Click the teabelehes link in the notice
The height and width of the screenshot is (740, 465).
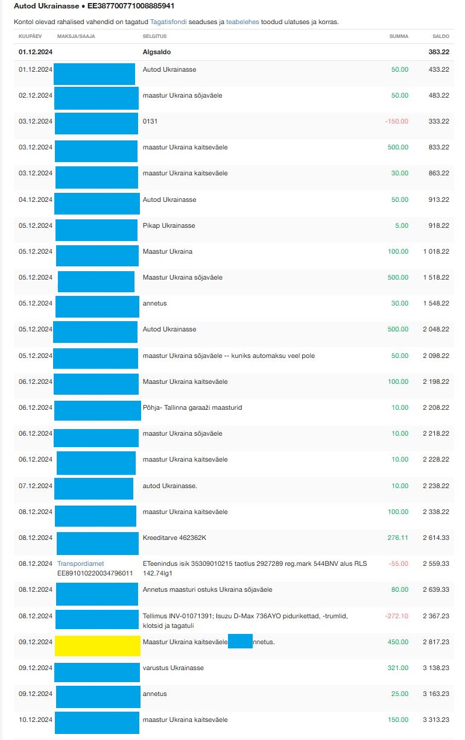(242, 22)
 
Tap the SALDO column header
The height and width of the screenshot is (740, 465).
(440, 36)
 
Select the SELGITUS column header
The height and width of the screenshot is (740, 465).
(154, 36)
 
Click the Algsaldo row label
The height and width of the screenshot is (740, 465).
(156, 52)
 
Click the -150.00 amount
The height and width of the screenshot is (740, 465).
(396, 121)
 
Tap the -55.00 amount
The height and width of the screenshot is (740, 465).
(398, 563)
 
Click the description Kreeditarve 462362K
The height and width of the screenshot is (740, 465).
(175, 538)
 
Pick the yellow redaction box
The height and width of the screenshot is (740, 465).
(98, 645)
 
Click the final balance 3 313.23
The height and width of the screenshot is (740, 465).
(436, 720)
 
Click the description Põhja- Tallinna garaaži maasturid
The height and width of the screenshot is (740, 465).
(192, 407)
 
